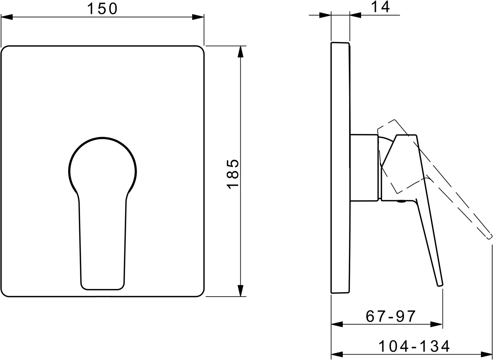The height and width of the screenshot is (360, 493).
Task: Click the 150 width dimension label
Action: coord(102,9)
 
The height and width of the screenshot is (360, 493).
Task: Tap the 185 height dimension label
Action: coord(233,174)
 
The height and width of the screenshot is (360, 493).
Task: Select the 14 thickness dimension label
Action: coord(380,7)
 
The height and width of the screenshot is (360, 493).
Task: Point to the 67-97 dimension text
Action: coord(391,316)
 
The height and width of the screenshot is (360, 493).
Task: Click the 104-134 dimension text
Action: coord(414,347)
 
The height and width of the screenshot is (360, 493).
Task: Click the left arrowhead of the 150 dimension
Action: coord(6,17)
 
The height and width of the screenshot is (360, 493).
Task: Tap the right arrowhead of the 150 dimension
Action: coord(198,17)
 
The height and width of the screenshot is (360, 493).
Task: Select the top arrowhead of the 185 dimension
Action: coord(241,52)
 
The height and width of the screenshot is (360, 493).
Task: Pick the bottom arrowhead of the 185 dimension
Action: coord(241,291)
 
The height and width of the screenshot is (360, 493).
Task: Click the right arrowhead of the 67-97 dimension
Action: coord(436,324)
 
